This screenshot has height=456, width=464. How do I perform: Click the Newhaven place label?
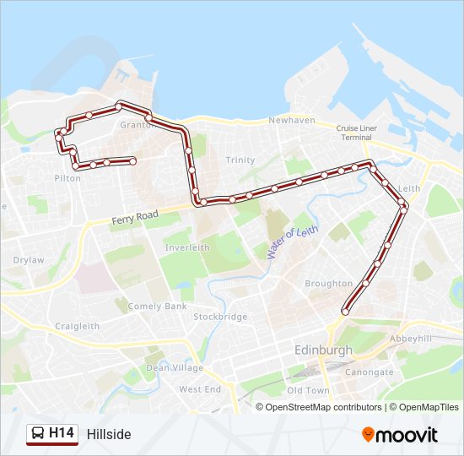291,121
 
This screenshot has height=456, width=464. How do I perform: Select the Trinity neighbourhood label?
240,160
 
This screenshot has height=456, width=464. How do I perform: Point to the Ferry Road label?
135,218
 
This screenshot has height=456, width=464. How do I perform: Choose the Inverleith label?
187,247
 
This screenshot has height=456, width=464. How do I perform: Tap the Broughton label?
328,284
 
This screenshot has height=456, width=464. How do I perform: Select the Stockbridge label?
220,318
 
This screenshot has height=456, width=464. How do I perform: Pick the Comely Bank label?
157,307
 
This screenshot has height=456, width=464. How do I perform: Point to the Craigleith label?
77,326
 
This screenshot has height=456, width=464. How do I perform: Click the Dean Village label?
175,367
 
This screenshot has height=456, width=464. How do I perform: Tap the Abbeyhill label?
409,338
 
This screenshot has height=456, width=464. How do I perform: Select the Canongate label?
370,372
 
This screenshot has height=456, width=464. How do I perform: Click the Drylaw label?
29,260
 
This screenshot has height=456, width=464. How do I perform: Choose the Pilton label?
67,178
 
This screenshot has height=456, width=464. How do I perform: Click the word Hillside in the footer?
109,435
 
